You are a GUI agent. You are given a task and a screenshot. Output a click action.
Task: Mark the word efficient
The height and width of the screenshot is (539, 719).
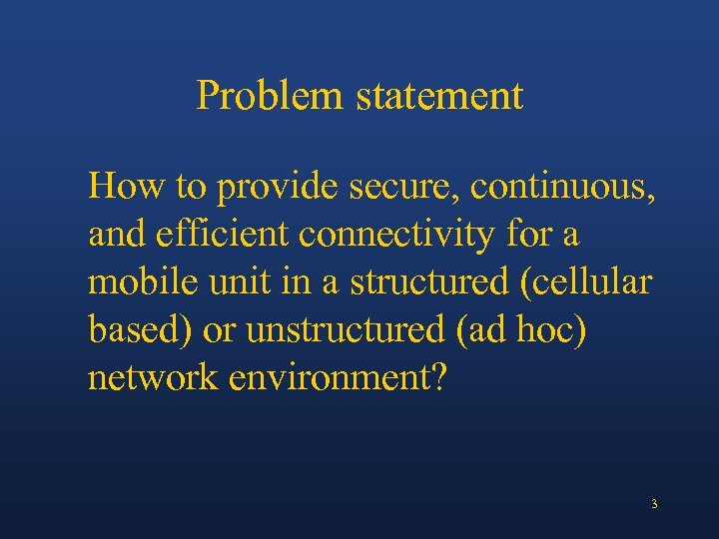click(223, 235)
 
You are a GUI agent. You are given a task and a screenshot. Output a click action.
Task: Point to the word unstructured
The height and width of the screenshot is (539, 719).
click(346, 330)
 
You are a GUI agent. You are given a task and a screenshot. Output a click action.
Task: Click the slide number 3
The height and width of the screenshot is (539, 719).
click(654, 504)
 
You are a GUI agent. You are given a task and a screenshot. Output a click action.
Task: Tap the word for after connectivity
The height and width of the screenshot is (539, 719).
click(531, 235)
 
